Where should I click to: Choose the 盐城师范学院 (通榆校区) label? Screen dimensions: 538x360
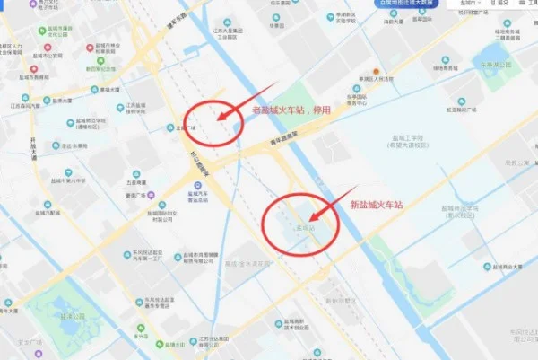pyautogui.click(x=91, y=124)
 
